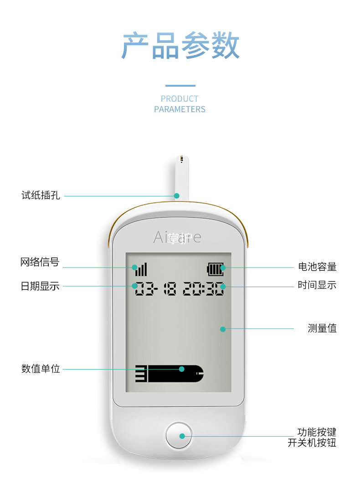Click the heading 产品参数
(180, 46)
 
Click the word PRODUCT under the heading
(180, 99)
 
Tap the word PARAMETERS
(180, 109)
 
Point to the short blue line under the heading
(180, 85)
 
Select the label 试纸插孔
(41, 196)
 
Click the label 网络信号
(40, 262)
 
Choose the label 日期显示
(40, 286)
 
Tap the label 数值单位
(41, 369)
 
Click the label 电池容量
(317, 267)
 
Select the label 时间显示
(317, 285)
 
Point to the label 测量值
(322, 328)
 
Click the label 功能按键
(317, 432)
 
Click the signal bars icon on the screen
(141, 269)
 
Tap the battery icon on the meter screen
(216, 269)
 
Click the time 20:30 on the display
(203, 289)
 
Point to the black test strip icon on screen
(170, 373)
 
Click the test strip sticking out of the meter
(181, 178)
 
